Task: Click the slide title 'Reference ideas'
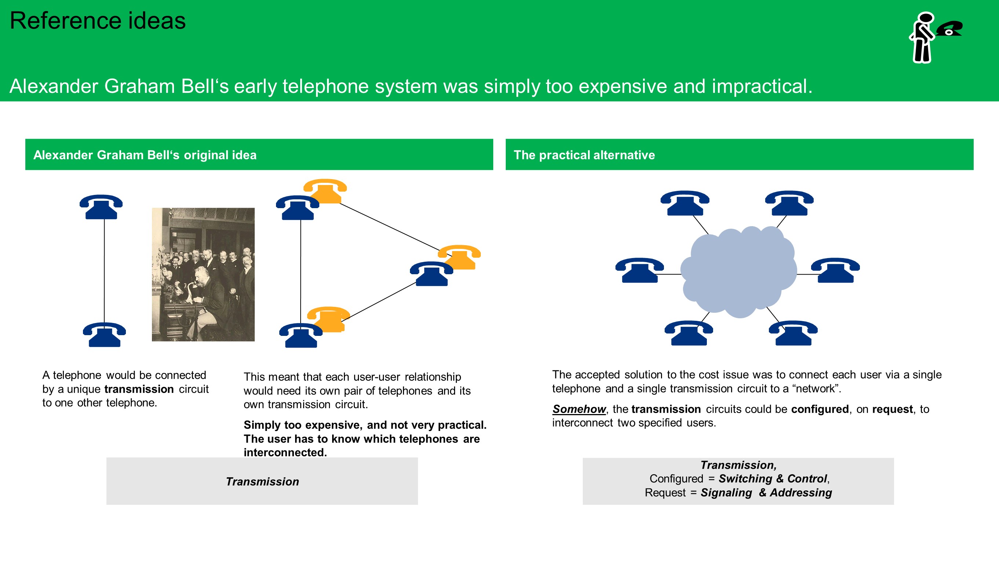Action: (97, 21)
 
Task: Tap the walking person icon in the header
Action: (922, 37)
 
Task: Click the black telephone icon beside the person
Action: (949, 29)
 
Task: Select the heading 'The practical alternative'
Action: (584, 155)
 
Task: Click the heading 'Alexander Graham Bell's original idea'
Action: (145, 155)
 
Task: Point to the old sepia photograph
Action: (203, 274)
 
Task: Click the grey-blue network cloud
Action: (739, 272)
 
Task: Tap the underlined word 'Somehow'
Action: (579, 409)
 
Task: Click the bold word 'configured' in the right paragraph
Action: (820, 409)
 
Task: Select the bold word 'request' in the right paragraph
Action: (892, 409)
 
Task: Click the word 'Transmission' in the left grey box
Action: (262, 481)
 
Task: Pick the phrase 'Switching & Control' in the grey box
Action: (773, 479)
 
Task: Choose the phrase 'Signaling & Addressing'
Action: (766, 493)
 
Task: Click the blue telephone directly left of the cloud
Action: (639, 270)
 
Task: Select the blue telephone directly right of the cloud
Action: (835, 270)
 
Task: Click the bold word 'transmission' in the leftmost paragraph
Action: (139, 389)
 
